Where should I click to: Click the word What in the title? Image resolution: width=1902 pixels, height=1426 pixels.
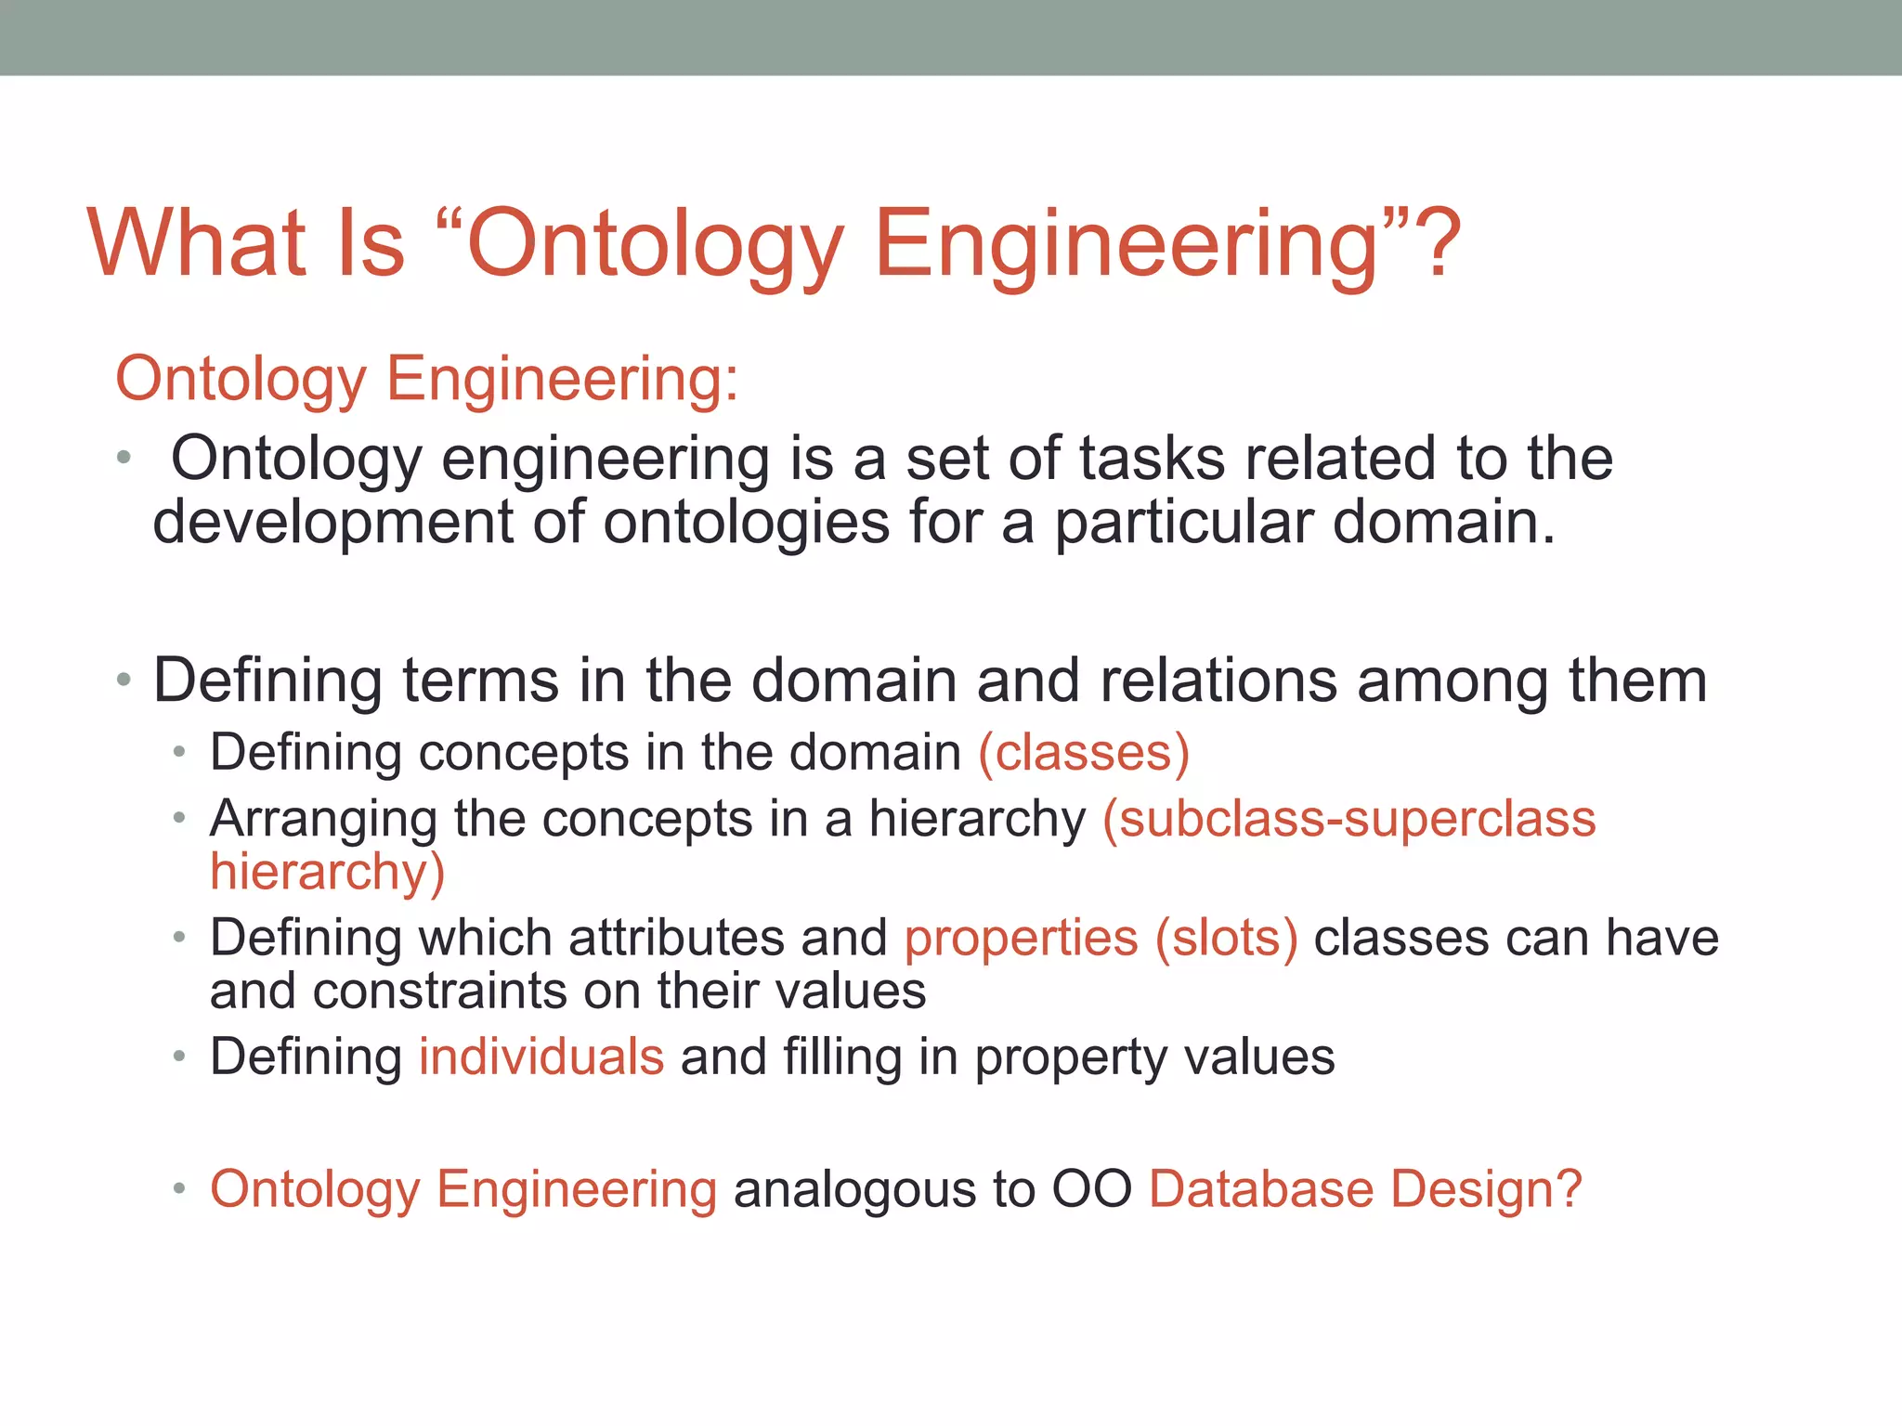[x=197, y=243]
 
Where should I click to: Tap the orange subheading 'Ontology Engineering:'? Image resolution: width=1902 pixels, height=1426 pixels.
[x=427, y=379]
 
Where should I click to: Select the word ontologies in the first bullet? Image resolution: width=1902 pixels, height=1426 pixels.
[x=747, y=522]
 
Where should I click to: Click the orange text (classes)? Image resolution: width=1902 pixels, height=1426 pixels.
[x=1084, y=752]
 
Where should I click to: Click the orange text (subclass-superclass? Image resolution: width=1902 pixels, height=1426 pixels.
[x=1348, y=819]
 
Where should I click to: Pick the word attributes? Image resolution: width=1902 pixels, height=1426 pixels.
[x=676, y=938]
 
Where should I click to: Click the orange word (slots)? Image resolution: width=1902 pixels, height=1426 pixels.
[x=1226, y=938]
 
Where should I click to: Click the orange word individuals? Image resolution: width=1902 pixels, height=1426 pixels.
[x=541, y=1057]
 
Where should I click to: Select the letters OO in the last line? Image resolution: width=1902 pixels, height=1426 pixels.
[x=1090, y=1189]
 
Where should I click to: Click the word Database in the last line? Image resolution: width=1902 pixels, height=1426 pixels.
[x=1260, y=1189]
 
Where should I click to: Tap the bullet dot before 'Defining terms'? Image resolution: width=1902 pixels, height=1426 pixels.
[x=124, y=681]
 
